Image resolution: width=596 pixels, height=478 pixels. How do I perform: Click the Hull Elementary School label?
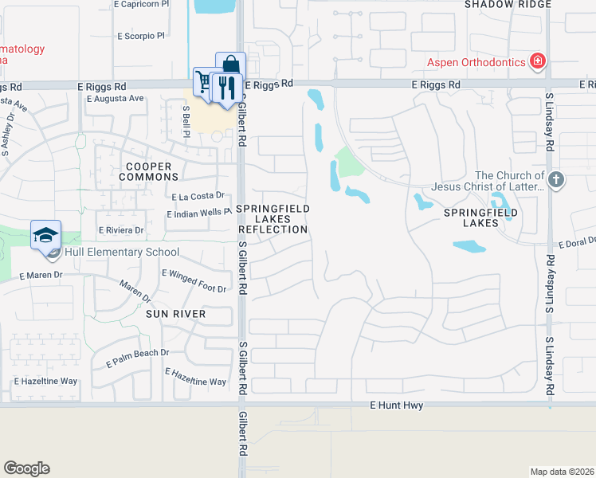click(122, 253)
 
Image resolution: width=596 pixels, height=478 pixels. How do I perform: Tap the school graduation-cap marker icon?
click(46, 235)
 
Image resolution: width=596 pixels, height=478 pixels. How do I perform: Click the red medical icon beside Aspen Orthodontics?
click(539, 61)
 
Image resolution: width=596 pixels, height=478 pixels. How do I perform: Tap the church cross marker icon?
click(556, 180)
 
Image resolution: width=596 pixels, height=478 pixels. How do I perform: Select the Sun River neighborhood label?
click(175, 314)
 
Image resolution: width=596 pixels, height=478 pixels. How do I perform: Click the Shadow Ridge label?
click(508, 4)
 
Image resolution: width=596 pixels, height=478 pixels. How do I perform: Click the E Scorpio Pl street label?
click(140, 36)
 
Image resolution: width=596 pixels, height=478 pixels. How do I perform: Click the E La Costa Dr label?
click(198, 196)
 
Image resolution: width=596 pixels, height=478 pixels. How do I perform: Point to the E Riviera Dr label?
click(120, 230)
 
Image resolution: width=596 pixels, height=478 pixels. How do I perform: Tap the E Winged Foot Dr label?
click(194, 280)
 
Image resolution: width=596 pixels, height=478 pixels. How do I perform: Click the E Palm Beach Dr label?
click(138, 358)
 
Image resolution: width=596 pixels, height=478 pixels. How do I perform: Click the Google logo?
click(26, 468)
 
